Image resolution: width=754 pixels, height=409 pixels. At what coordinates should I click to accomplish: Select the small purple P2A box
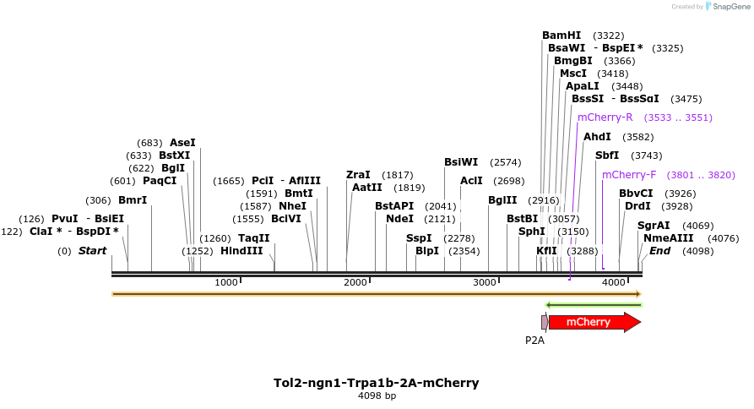pyautogui.click(x=544, y=322)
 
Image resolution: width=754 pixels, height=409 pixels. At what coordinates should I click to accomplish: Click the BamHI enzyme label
pyautogui.click(x=561, y=35)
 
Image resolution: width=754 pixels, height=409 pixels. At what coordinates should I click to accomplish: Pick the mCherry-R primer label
pyautogui.click(x=605, y=117)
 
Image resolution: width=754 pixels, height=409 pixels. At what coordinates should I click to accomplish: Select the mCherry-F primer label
pyautogui.click(x=629, y=175)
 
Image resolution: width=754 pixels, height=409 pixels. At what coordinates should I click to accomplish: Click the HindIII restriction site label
pyautogui.click(x=241, y=251)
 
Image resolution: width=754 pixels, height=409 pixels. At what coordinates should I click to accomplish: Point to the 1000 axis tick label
pyautogui.click(x=227, y=282)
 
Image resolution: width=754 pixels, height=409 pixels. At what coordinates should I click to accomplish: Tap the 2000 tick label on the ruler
pyautogui.click(x=355, y=282)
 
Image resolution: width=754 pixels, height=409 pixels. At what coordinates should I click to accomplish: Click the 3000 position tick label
pyautogui.click(x=485, y=282)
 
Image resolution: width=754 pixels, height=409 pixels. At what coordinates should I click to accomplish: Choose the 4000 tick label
pyautogui.click(x=613, y=282)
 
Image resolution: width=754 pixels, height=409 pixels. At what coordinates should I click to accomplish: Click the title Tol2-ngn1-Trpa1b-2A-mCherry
pyautogui.click(x=377, y=383)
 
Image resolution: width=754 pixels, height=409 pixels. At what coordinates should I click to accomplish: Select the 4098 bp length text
pyautogui.click(x=377, y=395)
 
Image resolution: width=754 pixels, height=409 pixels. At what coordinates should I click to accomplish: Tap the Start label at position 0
pyautogui.click(x=93, y=251)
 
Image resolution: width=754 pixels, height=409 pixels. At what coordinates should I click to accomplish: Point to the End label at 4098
pyautogui.click(x=659, y=251)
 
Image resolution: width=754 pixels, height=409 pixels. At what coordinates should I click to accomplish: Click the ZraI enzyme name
pyautogui.click(x=358, y=175)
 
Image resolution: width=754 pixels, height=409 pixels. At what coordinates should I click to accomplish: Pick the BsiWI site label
pyautogui.click(x=461, y=162)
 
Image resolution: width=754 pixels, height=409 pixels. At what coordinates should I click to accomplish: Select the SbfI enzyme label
pyautogui.click(x=607, y=155)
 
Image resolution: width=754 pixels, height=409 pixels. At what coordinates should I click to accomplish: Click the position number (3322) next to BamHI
pyautogui.click(x=609, y=35)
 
